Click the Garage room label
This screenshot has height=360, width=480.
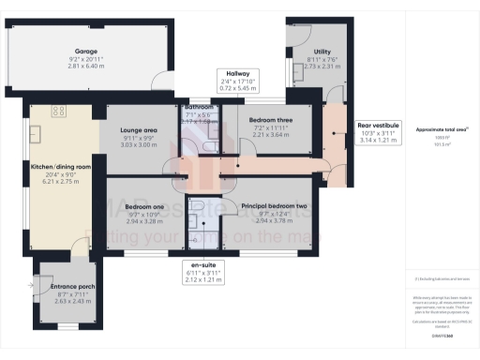click(87, 53)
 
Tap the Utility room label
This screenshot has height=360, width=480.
click(310, 53)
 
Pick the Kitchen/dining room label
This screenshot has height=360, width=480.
click(60, 166)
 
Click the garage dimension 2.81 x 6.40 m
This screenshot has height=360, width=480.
click(87, 67)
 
